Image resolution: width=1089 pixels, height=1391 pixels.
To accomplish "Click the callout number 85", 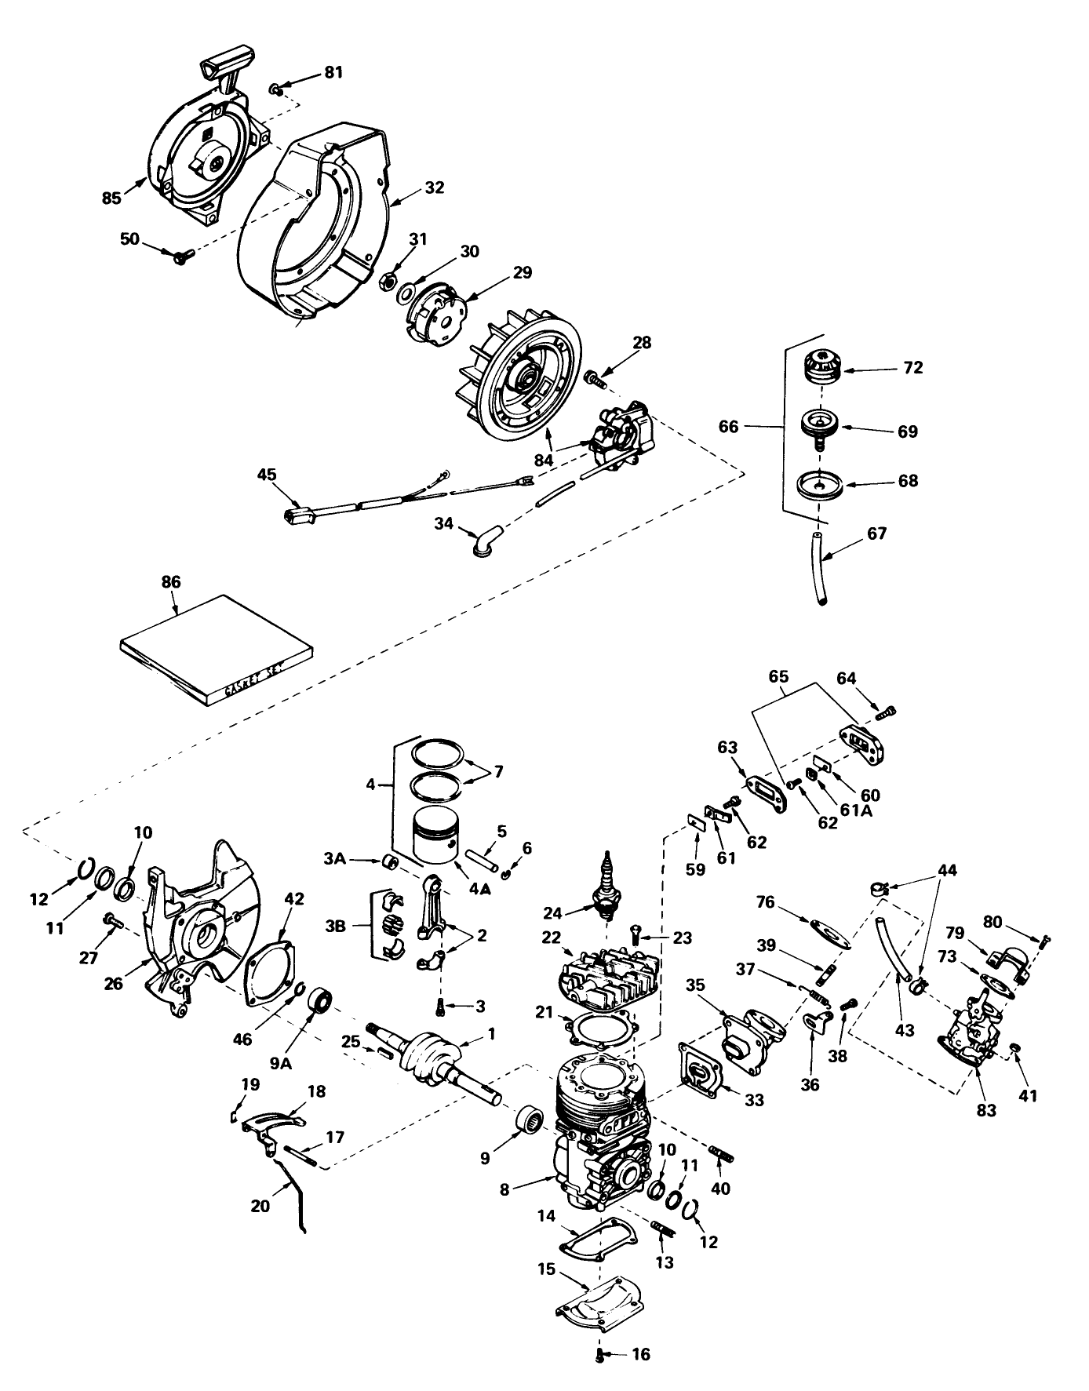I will click(x=112, y=197).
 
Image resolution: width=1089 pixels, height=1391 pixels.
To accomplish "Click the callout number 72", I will click(x=913, y=367).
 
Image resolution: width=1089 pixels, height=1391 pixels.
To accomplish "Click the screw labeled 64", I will click(x=887, y=712).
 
